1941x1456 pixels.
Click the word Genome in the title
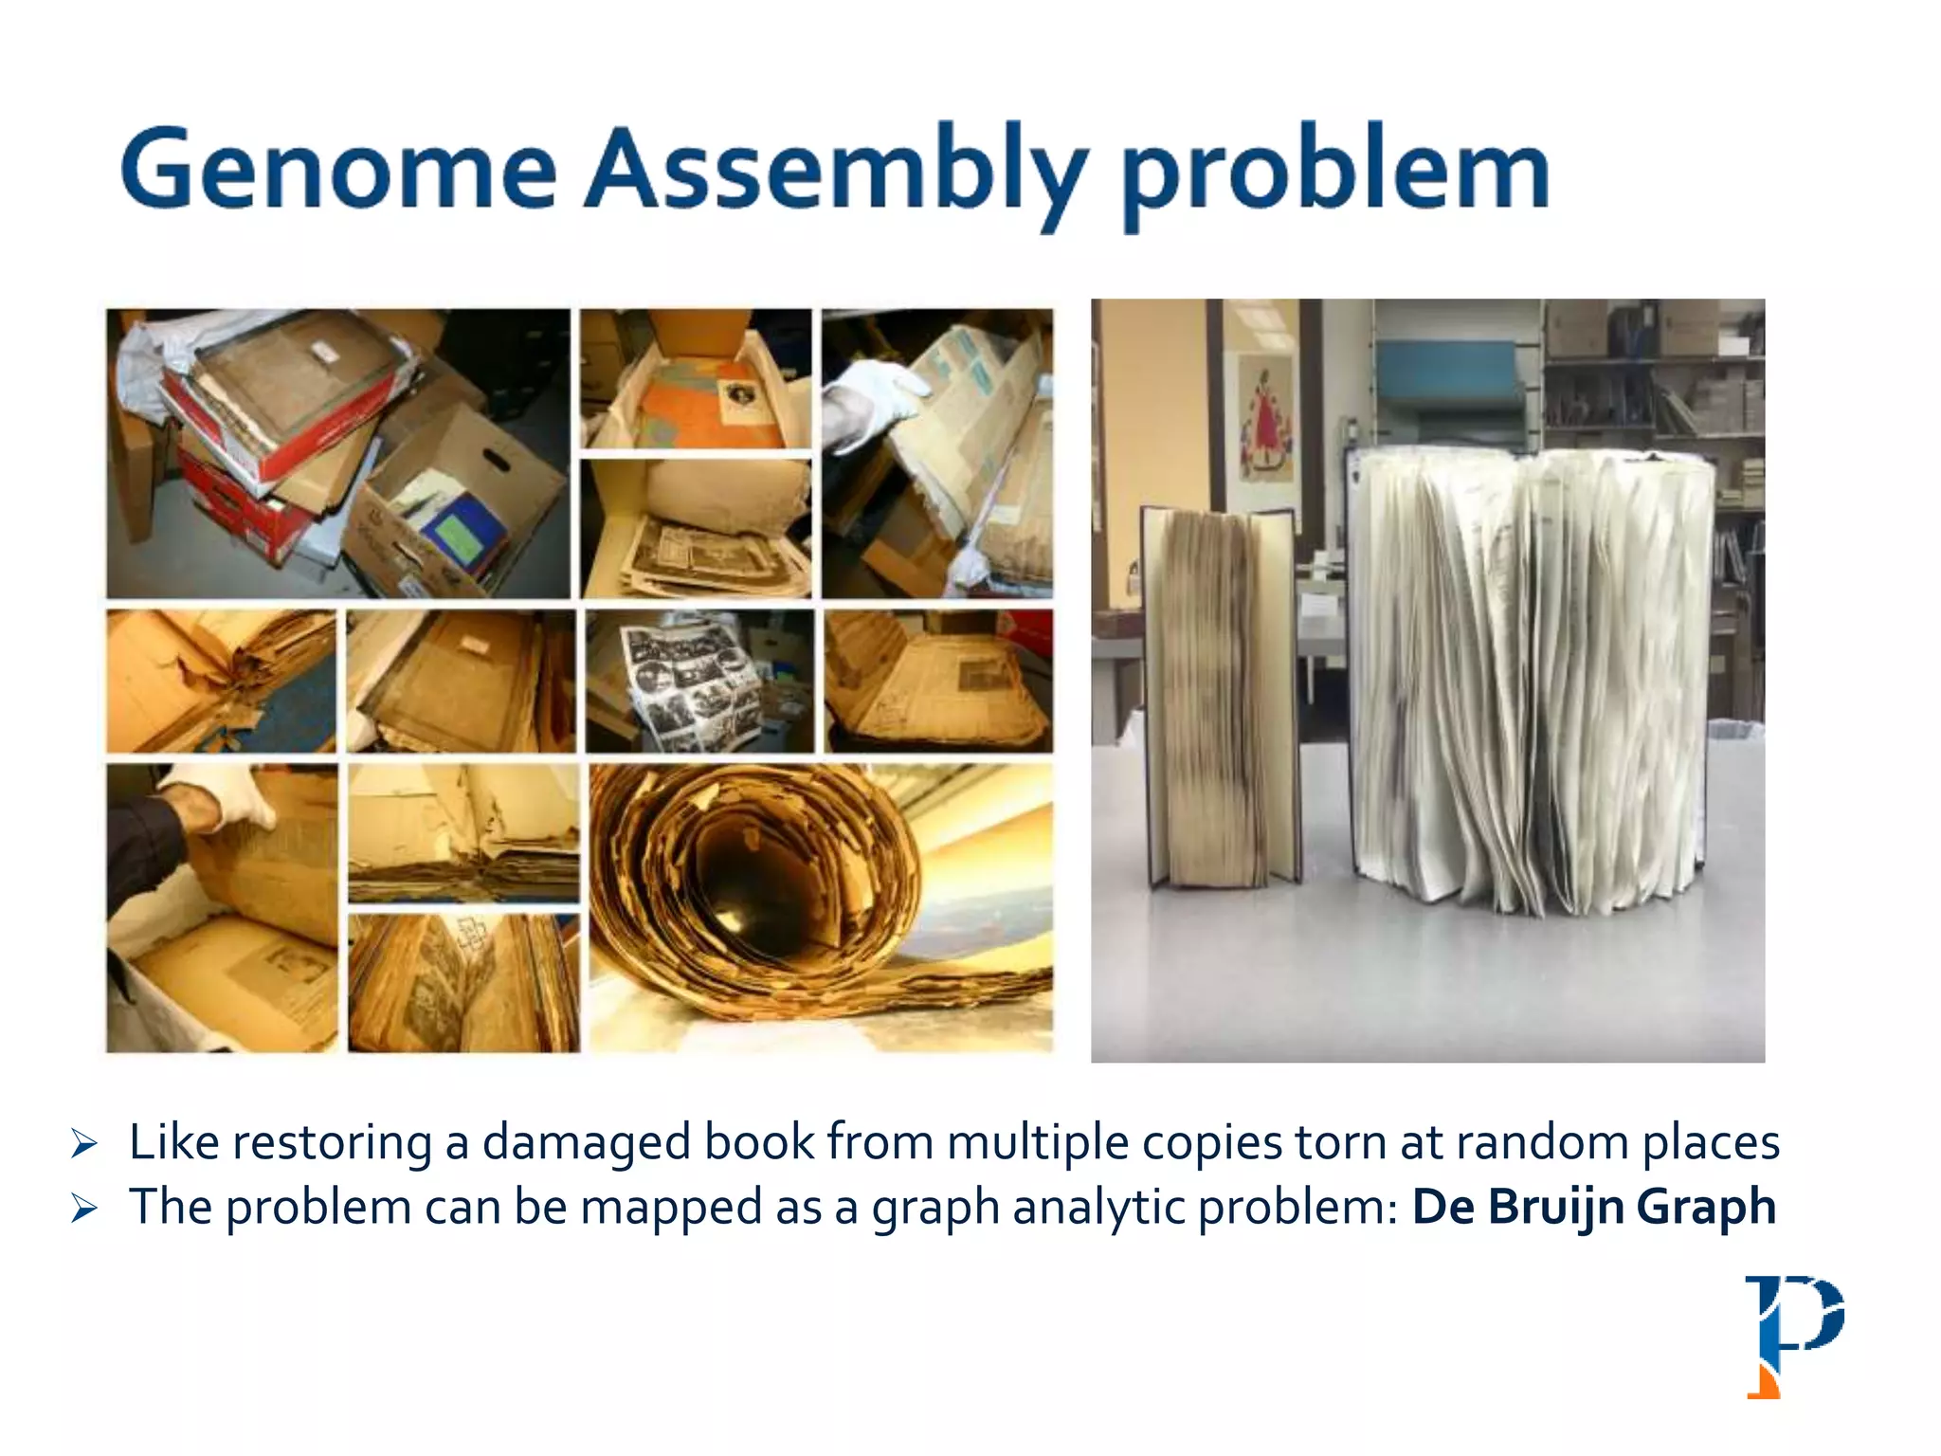338,171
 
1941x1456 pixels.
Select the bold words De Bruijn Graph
1593,1207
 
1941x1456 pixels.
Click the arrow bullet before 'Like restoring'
84,1144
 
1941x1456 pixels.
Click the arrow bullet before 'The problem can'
84,1209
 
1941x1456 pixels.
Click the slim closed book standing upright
1221,697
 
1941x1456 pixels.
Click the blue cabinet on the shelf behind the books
1450,374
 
